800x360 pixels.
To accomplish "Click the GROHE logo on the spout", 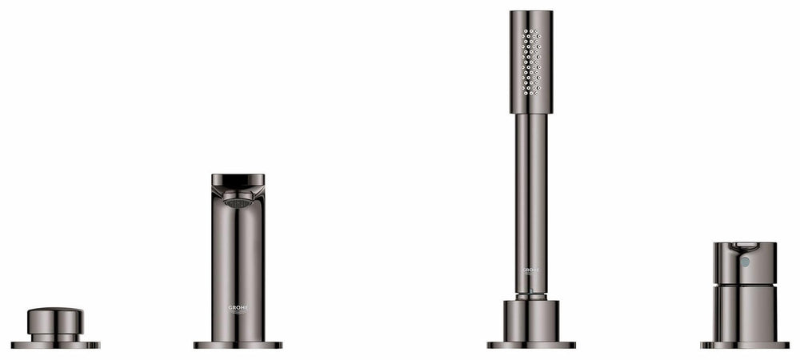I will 238,308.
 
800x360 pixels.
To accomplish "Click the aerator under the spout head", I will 238,202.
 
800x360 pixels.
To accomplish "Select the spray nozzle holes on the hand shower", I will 531,62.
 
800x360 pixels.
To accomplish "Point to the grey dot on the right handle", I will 746,262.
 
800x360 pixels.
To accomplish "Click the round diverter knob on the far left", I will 55,320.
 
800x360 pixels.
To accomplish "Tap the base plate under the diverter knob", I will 55,345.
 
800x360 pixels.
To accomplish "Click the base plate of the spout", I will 238,345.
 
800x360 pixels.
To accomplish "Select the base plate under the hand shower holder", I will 531,345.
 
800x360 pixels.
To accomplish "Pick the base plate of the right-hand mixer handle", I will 745,345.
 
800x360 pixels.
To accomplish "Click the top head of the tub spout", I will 238,182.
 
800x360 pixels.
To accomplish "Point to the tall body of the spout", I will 238,264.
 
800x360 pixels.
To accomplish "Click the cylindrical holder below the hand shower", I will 531,320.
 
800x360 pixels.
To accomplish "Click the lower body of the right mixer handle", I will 745,314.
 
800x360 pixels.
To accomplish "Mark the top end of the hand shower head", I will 531,14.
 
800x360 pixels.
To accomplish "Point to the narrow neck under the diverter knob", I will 55,337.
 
